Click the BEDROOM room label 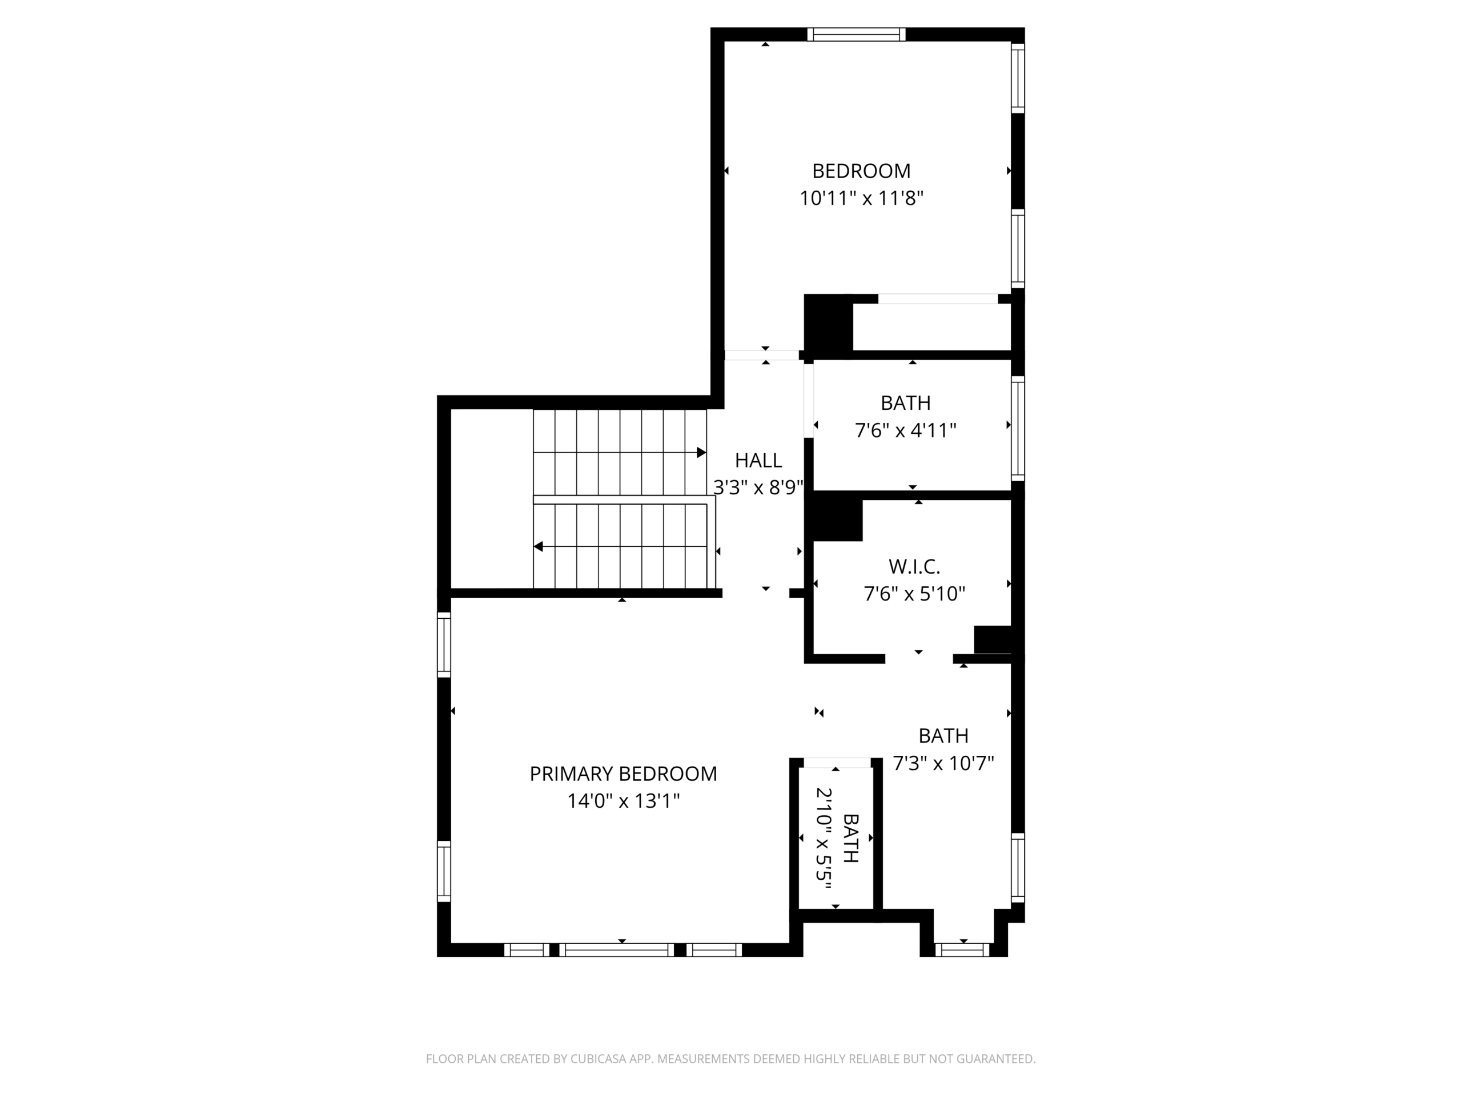tap(861, 171)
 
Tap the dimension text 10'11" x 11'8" tap(861, 198)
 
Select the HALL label tap(758, 461)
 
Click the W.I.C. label tap(914, 566)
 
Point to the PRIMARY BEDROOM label tap(623, 773)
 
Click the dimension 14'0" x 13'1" tap(623, 801)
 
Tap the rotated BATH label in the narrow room tap(850, 839)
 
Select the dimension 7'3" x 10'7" tap(943, 764)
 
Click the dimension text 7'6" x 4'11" tap(906, 431)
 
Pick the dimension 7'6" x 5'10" tap(914, 594)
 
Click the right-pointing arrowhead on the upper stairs tap(702, 453)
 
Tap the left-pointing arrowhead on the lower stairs tap(538, 546)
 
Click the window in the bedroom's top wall tap(856, 34)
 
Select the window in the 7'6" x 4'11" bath tap(1018, 429)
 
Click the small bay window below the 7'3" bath tap(963, 950)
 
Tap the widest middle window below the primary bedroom tap(617, 950)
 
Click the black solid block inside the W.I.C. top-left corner tap(837, 520)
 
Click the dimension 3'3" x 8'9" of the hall tap(758, 487)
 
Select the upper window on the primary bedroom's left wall tap(444, 644)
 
